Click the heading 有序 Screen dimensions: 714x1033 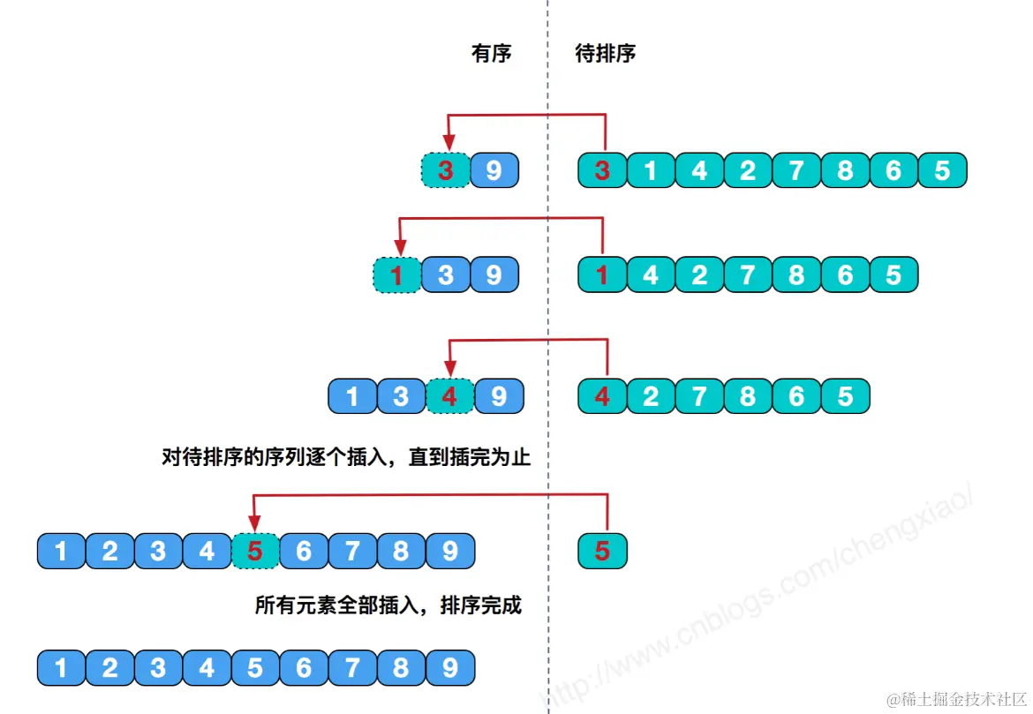coord(492,54)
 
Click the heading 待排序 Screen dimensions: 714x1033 coord(606,54)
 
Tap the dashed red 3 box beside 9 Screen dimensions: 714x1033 coord(445,169)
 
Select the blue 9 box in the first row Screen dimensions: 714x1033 coord(494,169)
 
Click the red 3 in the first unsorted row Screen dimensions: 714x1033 coord(602,169)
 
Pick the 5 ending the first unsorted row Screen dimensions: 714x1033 coord(942,169)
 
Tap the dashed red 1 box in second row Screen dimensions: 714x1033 coord(396,275)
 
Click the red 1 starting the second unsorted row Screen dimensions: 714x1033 coord(602,275)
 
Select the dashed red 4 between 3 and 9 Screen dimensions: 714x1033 coord(449,396)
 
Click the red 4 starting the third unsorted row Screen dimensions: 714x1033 coord(602,396)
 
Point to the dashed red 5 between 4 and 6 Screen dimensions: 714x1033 coord(255,552)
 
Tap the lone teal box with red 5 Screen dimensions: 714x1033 coord(602,552)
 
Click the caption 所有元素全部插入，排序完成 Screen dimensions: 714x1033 coord(388,606)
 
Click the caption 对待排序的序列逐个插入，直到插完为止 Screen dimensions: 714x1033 coord(347,457)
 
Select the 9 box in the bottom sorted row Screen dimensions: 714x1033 coord(450,668)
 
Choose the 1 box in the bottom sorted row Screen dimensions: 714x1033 coord(61,668)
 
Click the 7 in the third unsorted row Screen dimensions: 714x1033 coord(699,396)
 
